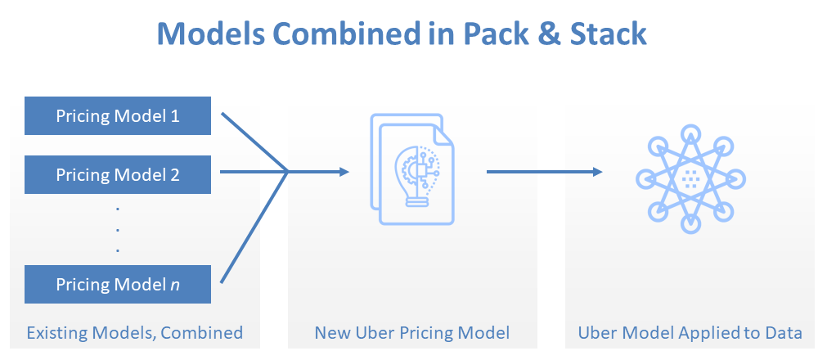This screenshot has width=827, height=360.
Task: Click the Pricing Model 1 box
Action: (x=118, y=115)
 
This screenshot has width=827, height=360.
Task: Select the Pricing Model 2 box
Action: (x=118, y=174)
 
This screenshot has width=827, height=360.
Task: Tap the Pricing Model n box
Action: (x=118, y=285)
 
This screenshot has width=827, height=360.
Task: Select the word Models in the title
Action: (x=211, y=34)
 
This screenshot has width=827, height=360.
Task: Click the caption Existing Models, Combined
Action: (x=135, y=333)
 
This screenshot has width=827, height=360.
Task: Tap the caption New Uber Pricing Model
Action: (x=412, y=333)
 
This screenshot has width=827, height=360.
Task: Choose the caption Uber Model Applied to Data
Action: (x=690, y=333)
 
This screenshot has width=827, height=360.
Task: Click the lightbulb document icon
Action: (x=412, y=169)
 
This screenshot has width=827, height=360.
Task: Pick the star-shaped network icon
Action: (x=690, y=179)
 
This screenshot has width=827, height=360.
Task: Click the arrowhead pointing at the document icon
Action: (x=344, y=172)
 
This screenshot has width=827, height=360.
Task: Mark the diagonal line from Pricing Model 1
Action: (x=254, y=142)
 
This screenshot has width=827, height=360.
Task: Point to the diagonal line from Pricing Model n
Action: (x=254, y=227)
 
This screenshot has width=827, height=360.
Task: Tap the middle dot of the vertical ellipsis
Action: (x=118, y=230)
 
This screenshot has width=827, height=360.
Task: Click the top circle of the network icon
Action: (x=690, y=134)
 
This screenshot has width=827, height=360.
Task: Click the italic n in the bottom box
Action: (x=175, y=286)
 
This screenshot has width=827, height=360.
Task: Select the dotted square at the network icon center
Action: (x=690, y=180)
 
